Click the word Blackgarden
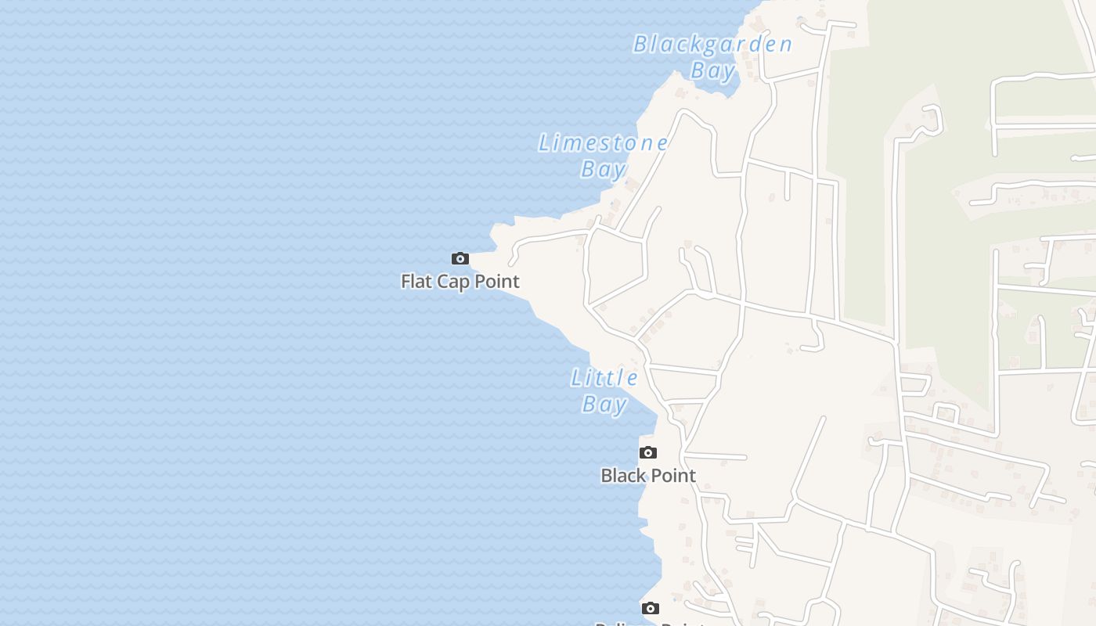(712, 44)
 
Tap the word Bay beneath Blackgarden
(712, 70)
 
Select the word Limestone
(603, 142)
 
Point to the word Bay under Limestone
(603, 168)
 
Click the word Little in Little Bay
(604, 378)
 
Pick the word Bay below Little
(604, 404)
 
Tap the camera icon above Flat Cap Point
(460, 258)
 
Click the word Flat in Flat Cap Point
(416, 281)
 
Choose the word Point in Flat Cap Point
(496, 281)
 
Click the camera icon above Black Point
(648, 452)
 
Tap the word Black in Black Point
(623, 475)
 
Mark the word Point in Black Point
(672, 475)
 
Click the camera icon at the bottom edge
(651, 608)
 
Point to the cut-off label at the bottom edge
(650, 623)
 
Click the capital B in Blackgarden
(640, 44)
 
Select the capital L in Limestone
(544, 142)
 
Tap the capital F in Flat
(406, 281)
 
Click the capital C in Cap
(442, 281)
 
